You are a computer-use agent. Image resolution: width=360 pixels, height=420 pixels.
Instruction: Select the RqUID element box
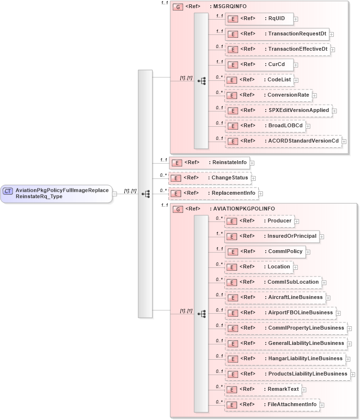click(259, 19)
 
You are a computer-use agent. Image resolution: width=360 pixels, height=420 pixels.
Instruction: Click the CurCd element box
click(259, 64)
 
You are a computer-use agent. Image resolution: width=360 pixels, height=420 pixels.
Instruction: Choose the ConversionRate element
click(268, 95)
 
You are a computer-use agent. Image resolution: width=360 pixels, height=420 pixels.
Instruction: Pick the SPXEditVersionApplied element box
click(278, 110)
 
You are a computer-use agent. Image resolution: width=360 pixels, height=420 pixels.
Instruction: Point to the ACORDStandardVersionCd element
click(283, 141)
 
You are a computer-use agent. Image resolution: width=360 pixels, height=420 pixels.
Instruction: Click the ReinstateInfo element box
click(209, 163)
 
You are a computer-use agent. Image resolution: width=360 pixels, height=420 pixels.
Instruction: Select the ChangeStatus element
click(210, 178)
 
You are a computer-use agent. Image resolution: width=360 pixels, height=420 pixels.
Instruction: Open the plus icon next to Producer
click(297, 221)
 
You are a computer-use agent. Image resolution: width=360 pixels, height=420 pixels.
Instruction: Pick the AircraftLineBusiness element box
click(274, 298)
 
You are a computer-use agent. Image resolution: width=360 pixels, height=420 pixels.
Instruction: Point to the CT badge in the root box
click(8, 191)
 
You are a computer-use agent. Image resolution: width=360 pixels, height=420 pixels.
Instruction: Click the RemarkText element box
click(262, 389)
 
